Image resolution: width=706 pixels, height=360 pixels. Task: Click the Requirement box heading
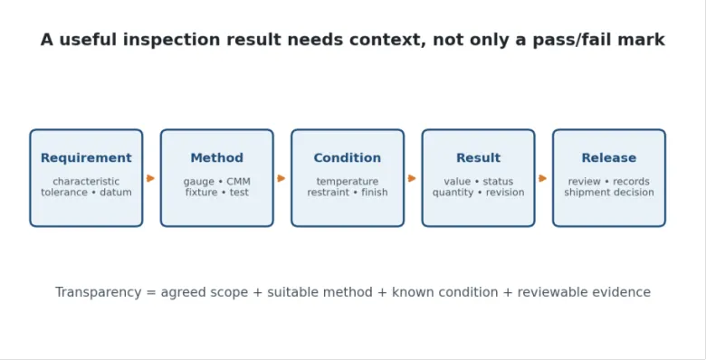(86, 158)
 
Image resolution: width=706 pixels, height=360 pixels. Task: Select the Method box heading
(216, 158)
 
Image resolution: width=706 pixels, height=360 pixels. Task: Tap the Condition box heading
(348, 158)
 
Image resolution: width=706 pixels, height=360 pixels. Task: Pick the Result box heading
(478, 158)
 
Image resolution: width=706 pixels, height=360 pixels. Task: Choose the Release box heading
(609, 158)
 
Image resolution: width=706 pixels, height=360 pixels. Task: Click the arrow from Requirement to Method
(151, 178)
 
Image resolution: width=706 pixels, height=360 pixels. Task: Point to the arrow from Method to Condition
(281, 178)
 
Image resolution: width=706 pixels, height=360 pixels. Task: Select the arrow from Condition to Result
(412, 178)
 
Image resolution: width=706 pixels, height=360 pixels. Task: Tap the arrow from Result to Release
(542, 178)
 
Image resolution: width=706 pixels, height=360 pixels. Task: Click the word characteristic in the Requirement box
(86, 181)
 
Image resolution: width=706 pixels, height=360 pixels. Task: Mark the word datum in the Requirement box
(116, 192)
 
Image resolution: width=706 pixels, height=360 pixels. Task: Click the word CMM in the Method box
(238, 181)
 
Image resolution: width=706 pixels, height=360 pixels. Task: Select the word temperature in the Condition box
(348, 181)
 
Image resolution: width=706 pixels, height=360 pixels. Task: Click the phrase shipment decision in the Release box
(609, 192)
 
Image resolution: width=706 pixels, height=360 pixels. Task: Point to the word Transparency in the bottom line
(98, 292)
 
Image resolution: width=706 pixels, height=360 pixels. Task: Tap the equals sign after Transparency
(151, 293)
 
